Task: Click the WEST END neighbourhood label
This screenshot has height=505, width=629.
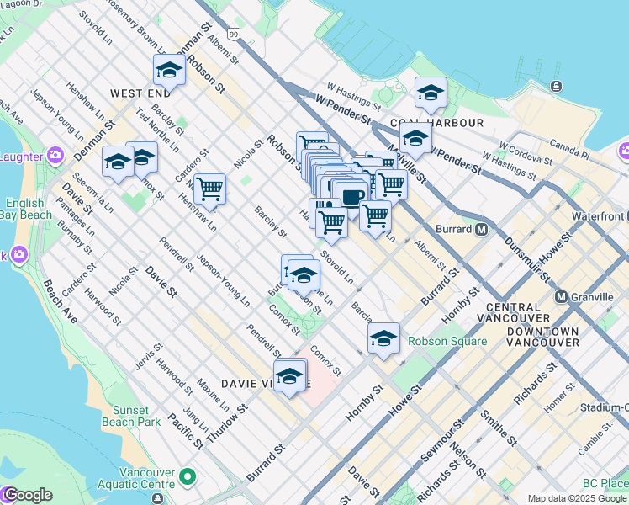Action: point(138,93)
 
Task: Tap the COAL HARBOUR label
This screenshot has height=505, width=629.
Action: point(448,123)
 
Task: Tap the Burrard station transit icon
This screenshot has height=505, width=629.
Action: point(483,228)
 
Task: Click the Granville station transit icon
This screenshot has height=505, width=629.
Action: point(562,297)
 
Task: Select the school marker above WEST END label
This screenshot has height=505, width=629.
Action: point(169,71)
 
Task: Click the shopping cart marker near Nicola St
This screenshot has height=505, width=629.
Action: point(209,190)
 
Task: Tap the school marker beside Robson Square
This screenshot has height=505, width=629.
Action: point(383,339)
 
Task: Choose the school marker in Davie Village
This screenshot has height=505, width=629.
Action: point(289,376)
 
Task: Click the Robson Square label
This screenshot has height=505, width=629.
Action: point(447,341)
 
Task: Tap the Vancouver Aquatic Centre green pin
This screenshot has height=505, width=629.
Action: point(187,477)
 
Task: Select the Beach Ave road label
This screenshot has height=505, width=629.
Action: point(61,301)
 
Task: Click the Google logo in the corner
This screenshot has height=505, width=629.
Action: point(27,495)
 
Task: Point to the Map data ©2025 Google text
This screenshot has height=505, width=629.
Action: point(577,498)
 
